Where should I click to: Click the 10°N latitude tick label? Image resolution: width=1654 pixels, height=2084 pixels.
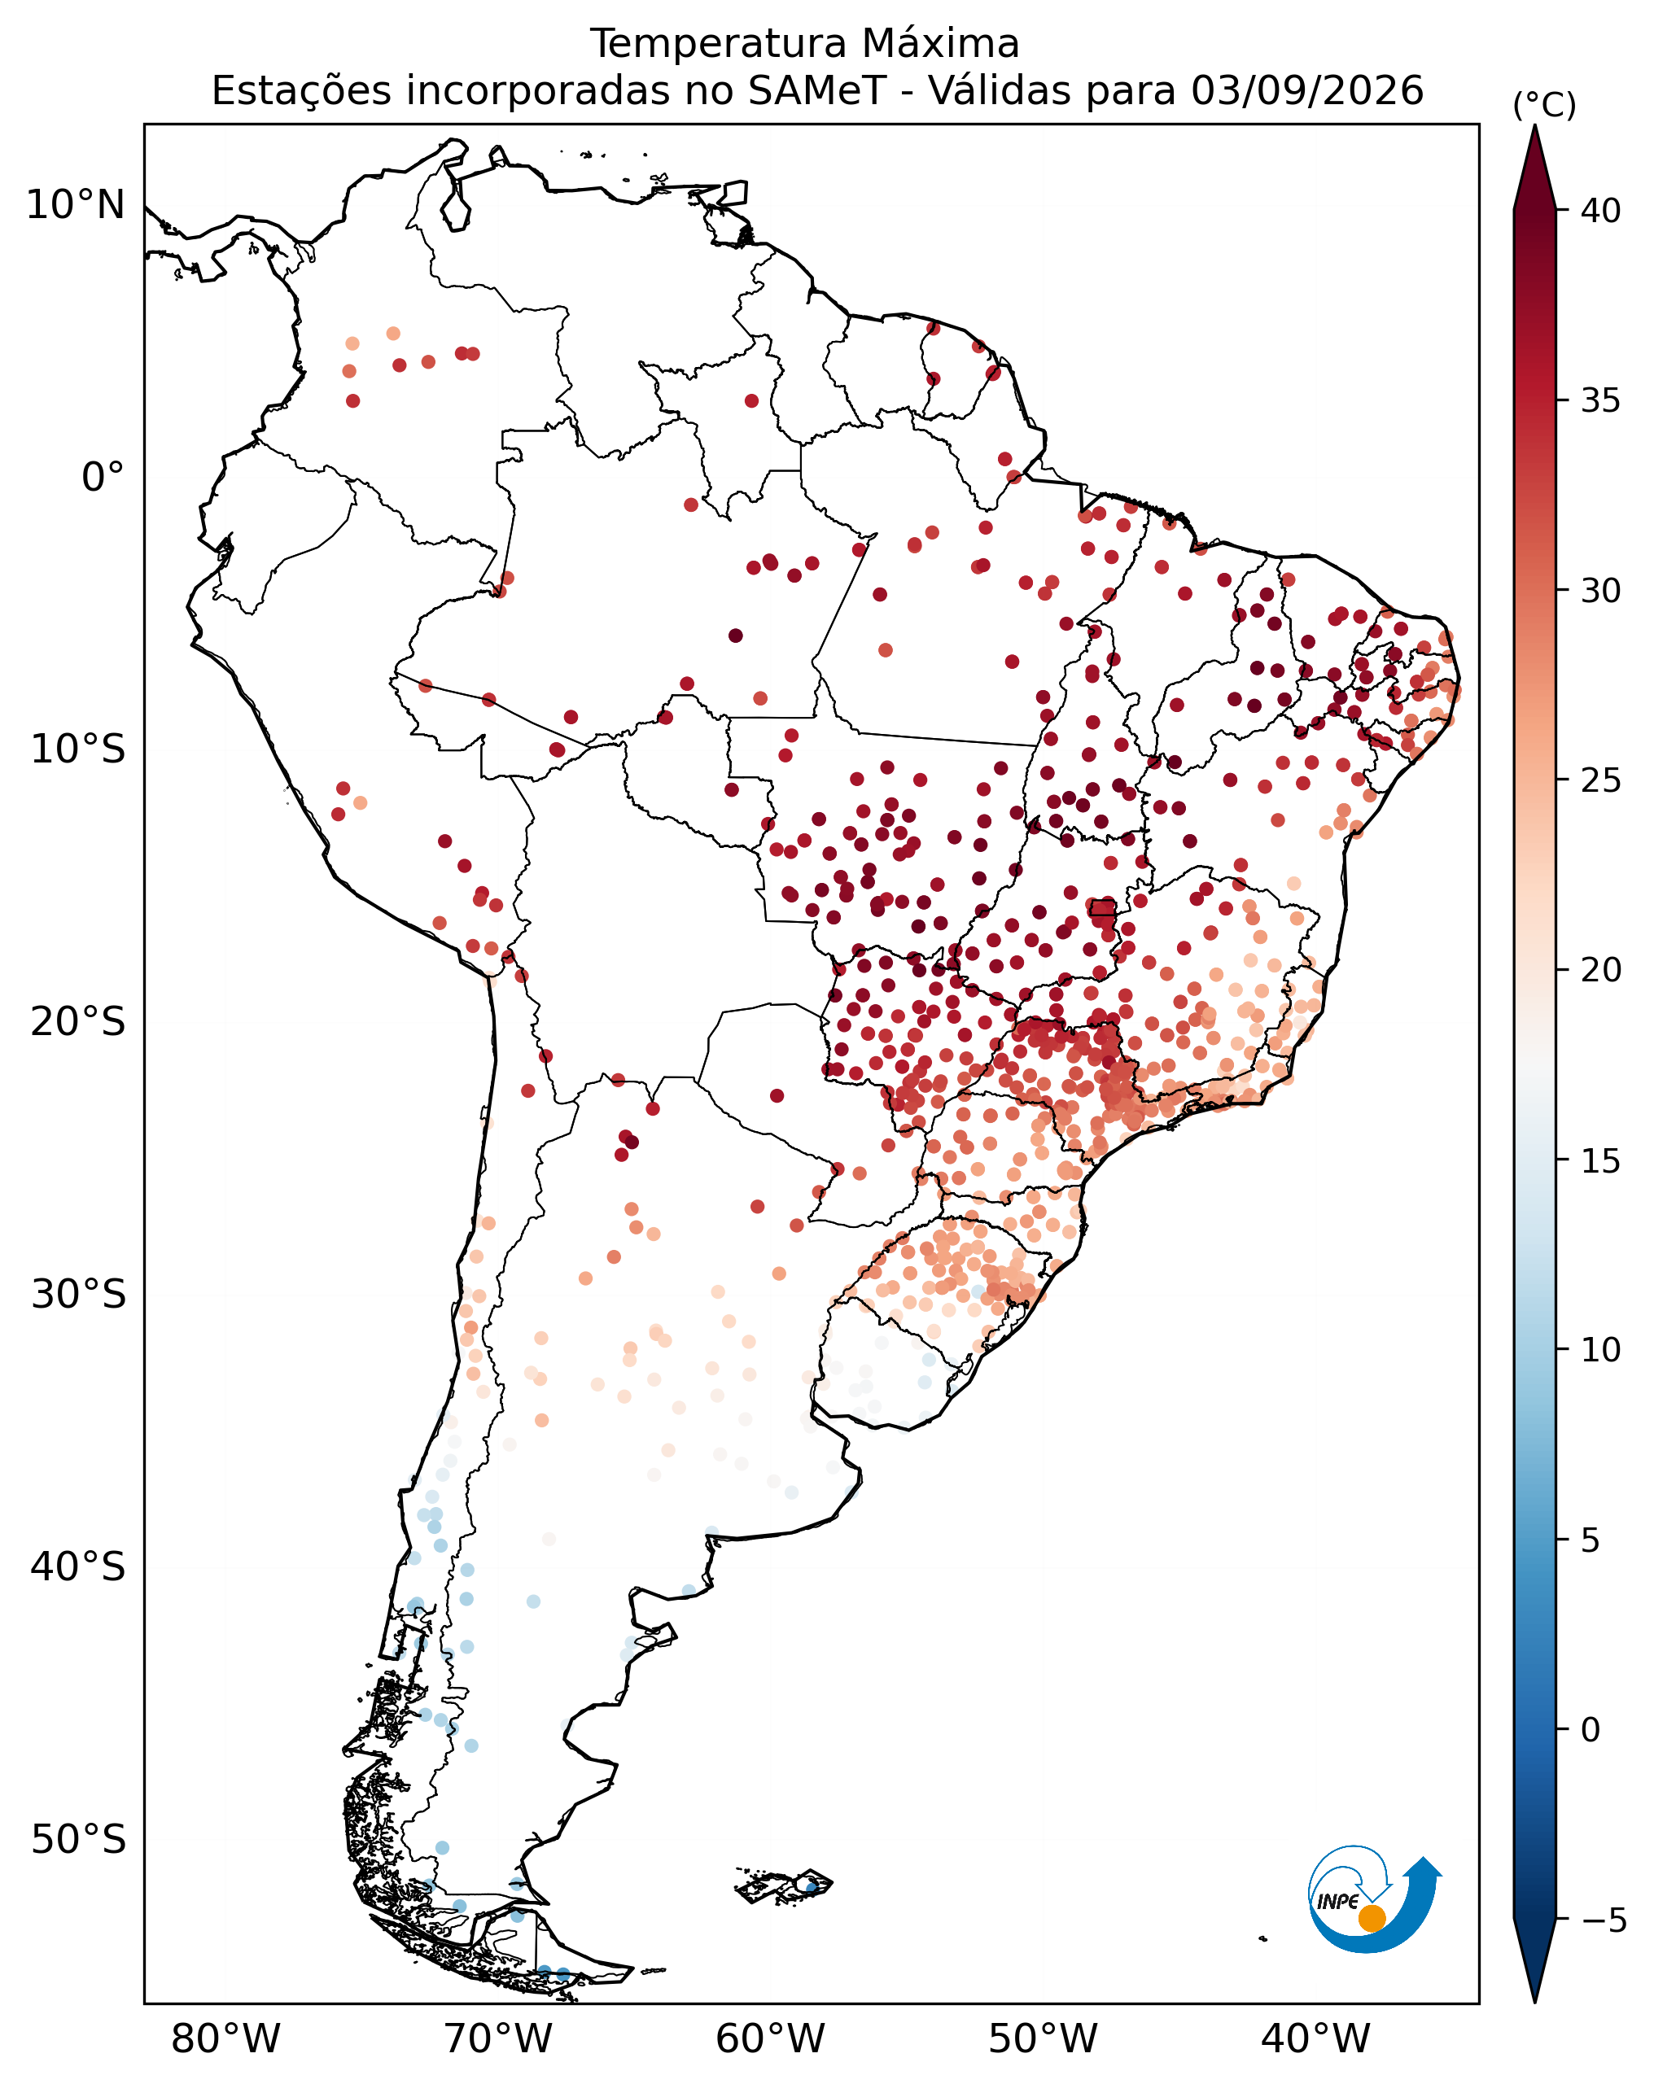point(76,205)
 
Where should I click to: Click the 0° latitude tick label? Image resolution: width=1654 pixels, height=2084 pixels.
point(103,478)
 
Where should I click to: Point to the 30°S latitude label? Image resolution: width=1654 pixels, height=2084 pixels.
point(78,1295)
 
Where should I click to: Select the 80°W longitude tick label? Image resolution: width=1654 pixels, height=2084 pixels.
point(225,2039)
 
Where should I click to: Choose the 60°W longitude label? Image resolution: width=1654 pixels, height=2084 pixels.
point(771,2039)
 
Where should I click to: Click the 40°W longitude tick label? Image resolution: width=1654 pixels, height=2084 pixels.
point(1315,2039)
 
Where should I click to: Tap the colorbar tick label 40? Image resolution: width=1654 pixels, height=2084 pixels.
point(1602,211)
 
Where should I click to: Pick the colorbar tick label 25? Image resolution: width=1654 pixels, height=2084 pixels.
point(1602,780)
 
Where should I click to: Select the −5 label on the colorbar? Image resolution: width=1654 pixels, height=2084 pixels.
point(1604,1920)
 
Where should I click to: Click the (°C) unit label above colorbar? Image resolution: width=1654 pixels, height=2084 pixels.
point(1544,105)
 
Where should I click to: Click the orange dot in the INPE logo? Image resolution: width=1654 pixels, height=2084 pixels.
point(1372,1919)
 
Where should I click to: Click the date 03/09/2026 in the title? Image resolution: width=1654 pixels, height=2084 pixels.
point(1307,91)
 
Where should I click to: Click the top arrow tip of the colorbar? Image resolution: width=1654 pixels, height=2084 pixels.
point(1534,125)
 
